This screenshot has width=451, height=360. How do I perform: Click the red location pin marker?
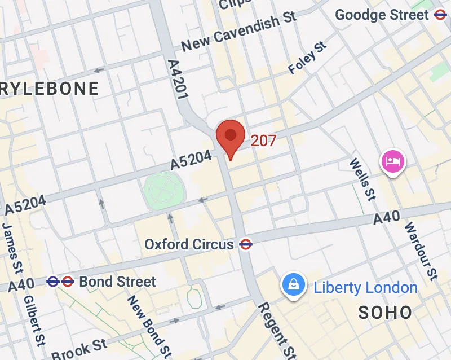pyautogui.click(x=230, y=137)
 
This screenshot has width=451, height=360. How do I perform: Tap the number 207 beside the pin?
pyautogui.click(x=263, y=141)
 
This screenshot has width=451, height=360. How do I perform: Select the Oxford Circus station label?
pyautogui.click(x=189, y=244)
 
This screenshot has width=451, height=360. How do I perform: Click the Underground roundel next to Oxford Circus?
pyautogui.click(x=246, y=244)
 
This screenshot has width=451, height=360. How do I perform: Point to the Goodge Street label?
pyautogui.click(x=382, y=15)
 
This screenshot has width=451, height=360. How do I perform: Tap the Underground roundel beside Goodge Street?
pyautogui.click(x=440, y=15)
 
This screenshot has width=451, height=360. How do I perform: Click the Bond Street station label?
pyautogui.click(x=117, y=281)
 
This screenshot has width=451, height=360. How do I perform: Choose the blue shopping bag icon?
pyautogui.click(x=293, y=285)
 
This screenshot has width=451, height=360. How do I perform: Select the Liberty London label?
pyautogui.click(x=365, y=288)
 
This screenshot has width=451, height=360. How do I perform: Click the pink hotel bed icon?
pyautogui.click(x=393, y=162)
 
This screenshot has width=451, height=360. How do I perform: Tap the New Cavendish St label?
pyautogui.click(x=239, y=32)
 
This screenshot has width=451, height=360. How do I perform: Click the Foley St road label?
pyautogui.click(x=308, y=58)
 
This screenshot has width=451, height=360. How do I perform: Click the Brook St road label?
pyautogui.click(x=79, y=349)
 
